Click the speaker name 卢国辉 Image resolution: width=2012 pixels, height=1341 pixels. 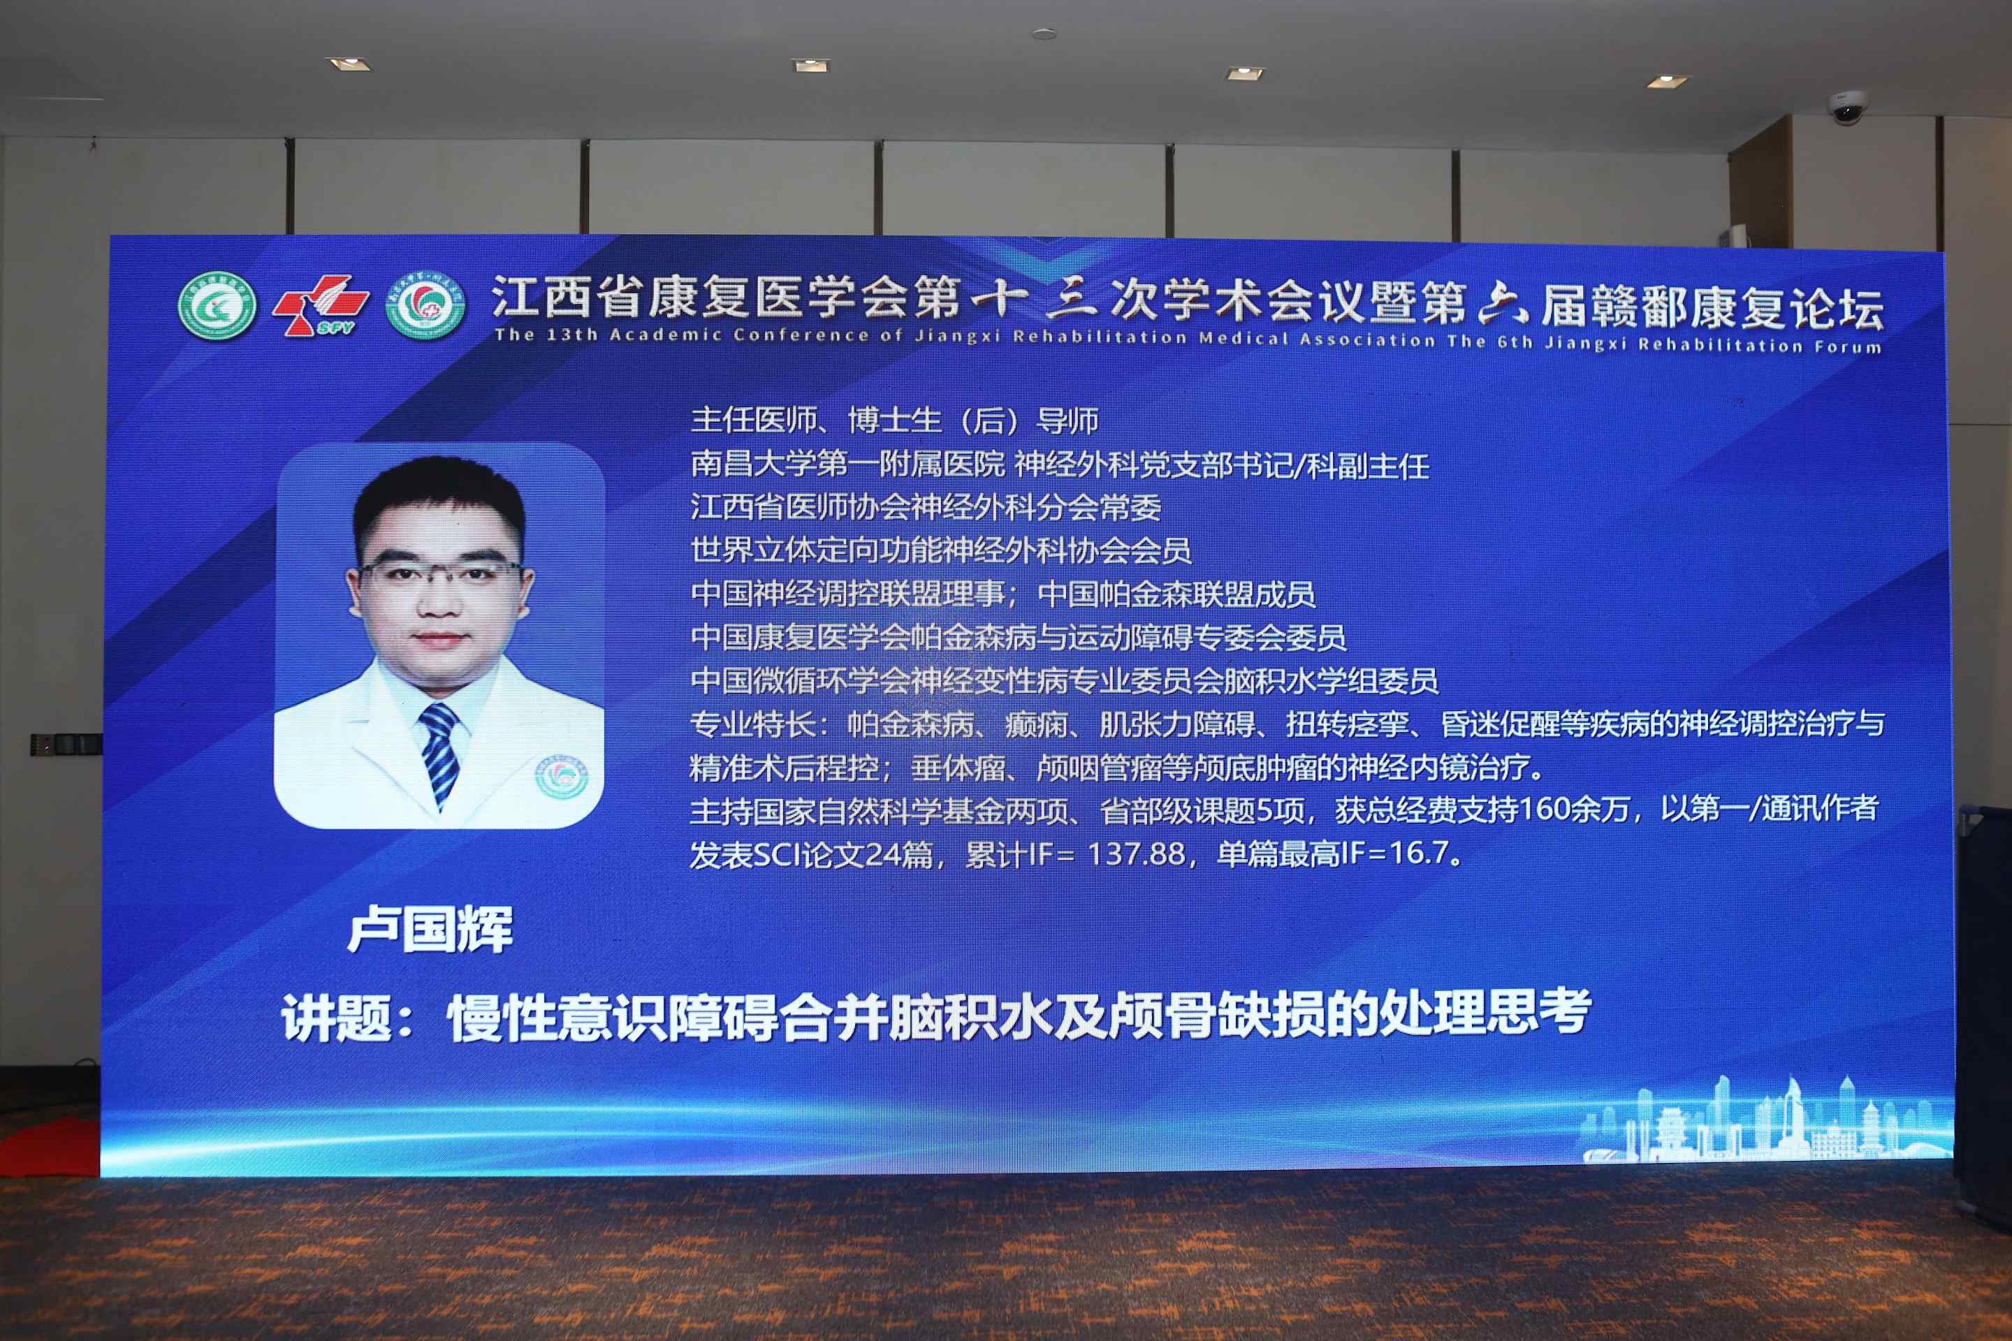coord(430,929)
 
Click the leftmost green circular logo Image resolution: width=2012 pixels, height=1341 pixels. coord(217,305)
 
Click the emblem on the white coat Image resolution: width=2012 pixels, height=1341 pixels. coord(561,777)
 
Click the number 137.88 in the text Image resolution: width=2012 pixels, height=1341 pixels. coord(1136,853)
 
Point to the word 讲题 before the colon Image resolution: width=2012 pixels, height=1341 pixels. coord(336,1018)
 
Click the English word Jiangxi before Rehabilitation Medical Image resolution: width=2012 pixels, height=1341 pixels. coord(957,336)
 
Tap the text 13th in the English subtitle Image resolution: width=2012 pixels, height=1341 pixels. coord(571,335)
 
